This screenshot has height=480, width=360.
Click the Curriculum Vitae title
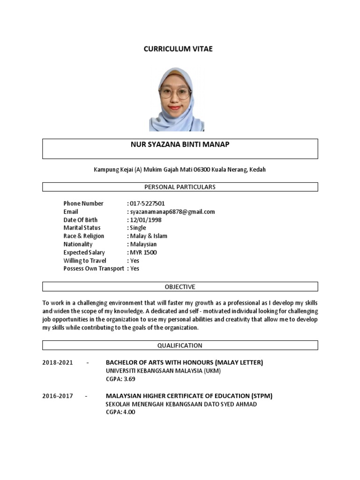178,49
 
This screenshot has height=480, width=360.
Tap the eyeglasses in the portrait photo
175,92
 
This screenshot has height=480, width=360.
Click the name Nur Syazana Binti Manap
180,144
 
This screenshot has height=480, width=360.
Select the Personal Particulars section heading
180,187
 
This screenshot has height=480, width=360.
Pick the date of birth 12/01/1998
145,220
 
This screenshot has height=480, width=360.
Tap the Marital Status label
82,228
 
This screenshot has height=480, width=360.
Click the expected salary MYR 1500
143,253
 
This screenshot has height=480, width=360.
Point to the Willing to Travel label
85,261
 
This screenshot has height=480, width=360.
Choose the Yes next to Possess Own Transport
135,269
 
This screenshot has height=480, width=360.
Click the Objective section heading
180,287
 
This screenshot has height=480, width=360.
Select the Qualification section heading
180,345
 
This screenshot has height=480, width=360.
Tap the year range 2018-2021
58,362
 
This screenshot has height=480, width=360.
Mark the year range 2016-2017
58,396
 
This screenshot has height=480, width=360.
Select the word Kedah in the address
258,169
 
